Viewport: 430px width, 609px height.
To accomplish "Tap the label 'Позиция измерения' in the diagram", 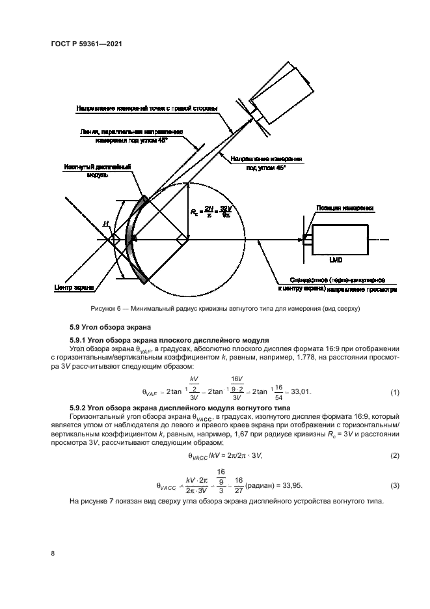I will pyautogui.click(x=345, y=208).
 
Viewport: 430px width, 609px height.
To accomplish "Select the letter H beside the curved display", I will pyautogui.click(x=105, y=223).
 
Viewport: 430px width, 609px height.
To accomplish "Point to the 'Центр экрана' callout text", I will pyautogui.click(x=73, y=287).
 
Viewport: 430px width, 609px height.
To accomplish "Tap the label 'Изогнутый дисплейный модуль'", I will pyautogui.click(x=98, y=171).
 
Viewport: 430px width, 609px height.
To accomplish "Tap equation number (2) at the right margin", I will pyautogui.click(x=394, y=455).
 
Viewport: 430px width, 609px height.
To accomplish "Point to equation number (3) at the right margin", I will pyautogui.click(x=394, y=486).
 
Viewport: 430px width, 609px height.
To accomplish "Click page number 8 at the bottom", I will pyautogui.click(x=52, y=553).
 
